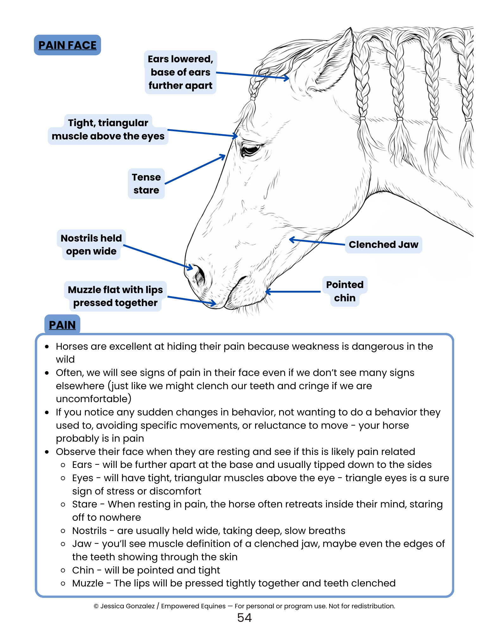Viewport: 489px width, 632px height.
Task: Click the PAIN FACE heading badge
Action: coord(67,45)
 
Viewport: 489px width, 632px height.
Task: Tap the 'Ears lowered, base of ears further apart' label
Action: coord(180,72)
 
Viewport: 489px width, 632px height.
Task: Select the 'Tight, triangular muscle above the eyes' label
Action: coord(108,130)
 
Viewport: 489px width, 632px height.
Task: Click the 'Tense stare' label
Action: coord(146,184)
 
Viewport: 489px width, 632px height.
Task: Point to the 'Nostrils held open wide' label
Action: coord(91,245)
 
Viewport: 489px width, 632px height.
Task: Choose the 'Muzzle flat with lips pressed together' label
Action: coord(115,296)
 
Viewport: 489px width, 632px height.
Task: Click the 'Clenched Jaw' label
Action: coord(383,245)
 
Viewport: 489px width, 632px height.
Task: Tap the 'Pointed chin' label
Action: coord(345,291)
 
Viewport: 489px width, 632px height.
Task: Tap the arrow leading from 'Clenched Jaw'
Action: coord(317,242)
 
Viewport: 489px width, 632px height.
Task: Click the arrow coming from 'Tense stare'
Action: coord(195,169)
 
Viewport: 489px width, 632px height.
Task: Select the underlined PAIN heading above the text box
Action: coord(62,325)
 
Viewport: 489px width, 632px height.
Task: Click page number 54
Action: coord(244,618)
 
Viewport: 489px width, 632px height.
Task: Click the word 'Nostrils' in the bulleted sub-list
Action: coord(89,531)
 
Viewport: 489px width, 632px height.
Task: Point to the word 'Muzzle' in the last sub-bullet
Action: coord(88,583)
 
